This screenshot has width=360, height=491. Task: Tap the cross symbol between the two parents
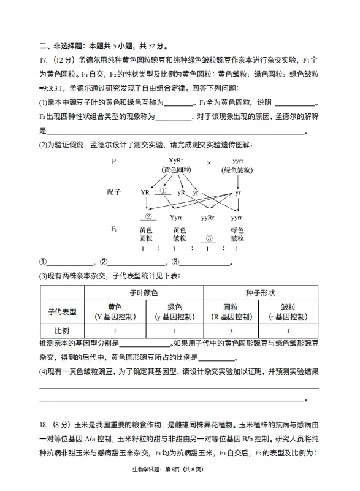(209, 163)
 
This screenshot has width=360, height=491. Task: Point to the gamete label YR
(145, 192)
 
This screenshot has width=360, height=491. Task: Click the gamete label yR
(182, 192)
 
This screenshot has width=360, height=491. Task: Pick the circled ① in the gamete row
(163, 191)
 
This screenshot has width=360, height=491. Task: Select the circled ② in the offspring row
(147, 216)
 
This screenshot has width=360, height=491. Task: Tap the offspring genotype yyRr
(208, 218)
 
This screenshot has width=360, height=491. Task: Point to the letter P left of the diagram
(113, 162)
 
